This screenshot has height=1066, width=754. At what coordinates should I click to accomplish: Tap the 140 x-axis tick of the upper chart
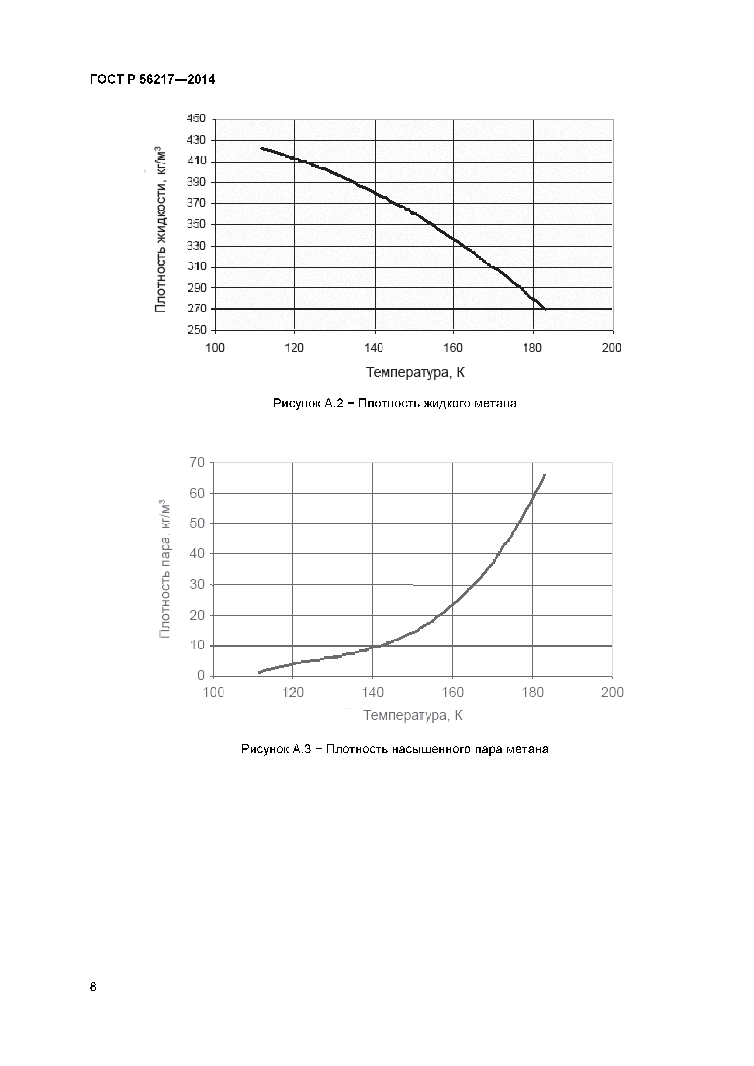[374, 348]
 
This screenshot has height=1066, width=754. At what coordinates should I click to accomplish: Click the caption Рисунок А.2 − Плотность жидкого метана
[394, 404]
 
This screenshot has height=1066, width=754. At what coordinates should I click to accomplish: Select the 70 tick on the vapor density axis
[196, 463]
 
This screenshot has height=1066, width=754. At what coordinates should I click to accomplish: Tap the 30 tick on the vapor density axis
[196, 585]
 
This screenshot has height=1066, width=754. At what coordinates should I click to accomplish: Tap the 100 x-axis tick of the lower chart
[214, 693]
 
